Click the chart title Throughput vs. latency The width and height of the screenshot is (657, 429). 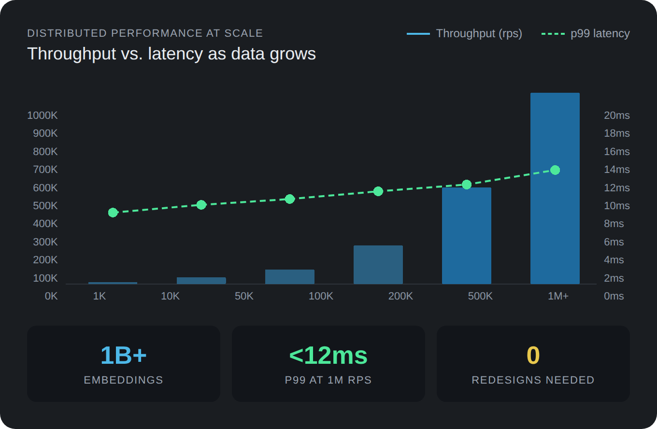[171, 54]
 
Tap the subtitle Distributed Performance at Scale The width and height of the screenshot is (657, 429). [145, 33]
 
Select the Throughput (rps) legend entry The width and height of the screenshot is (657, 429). [465, 34]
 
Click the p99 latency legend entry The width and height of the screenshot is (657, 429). [586, 34]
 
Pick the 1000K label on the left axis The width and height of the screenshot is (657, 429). [43, 115]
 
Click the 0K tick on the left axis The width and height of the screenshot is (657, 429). [51, 296]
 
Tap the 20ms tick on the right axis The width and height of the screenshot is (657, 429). [617, 115]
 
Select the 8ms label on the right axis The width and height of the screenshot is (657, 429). [614, 224]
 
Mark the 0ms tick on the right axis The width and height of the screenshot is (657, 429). [614, 296]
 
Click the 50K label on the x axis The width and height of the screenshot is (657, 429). [244, 296]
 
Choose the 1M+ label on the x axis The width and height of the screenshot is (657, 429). [558, 296]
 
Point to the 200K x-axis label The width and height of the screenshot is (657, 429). [400, 296]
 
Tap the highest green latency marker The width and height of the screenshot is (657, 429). [555, 170]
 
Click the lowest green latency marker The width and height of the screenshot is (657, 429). [113, 213]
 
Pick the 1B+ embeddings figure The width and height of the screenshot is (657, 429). [124, 356]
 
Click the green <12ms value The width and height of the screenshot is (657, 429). [328, 356]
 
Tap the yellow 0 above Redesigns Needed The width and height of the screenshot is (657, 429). [533, 356]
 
